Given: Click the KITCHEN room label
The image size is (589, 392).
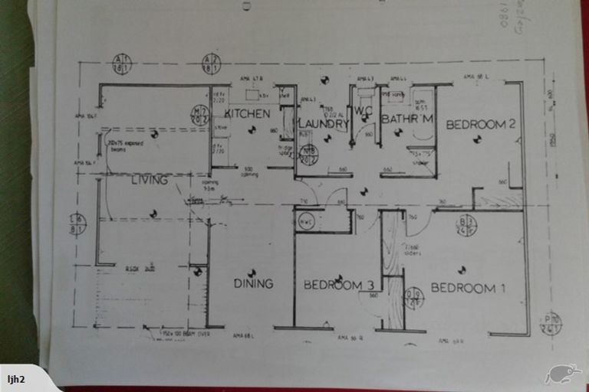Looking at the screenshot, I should coord(247,114).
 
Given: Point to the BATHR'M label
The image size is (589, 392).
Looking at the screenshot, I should coord(408,119).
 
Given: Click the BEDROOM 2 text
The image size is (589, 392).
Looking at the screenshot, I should coord(481,124).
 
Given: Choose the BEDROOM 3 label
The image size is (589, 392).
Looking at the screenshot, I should coord(333,285).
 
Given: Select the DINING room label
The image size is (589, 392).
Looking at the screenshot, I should coord(253,283).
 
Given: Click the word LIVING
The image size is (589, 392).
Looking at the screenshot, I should coord(150,181).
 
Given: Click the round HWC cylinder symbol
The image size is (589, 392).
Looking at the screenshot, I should coord(305,222).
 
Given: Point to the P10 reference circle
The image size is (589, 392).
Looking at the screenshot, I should coord(551,323).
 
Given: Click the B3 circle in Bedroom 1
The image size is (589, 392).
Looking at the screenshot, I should coord(466,224).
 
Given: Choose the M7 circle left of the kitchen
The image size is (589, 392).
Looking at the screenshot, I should coord(199,115).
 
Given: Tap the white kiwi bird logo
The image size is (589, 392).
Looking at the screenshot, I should coord(562,374).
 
